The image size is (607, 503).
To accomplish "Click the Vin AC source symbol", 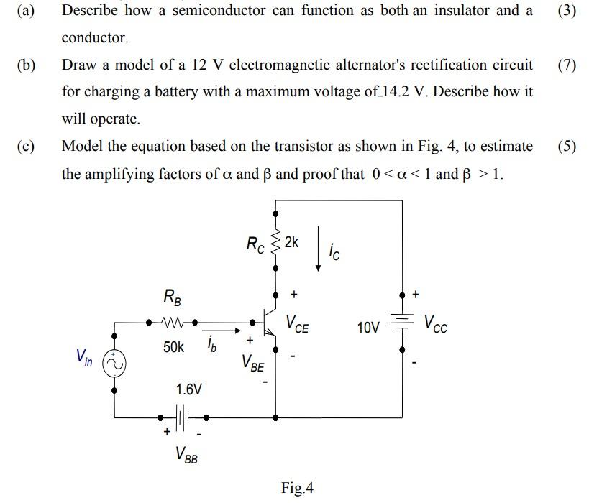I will pyautogui.click(x=115, y=364).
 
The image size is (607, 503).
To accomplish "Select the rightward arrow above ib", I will pyautogui.click(x=222, y=332).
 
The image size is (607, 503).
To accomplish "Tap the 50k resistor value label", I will pyautogui.click(x=173, y=348).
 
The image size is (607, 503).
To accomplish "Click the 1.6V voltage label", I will pyautogui.click(x=189, y=389).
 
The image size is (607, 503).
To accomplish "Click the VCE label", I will pyautogui.click(x=298, y=323).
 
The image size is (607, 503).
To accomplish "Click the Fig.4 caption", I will pyautogui.click(x=297, y=489).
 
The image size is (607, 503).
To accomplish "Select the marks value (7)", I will pyautogui.click(x=567, y=65).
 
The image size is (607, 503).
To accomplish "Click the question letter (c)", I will pyautogui.click(x=27, y=147).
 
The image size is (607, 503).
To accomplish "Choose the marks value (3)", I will pyautogui.click(x=567, y=11).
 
